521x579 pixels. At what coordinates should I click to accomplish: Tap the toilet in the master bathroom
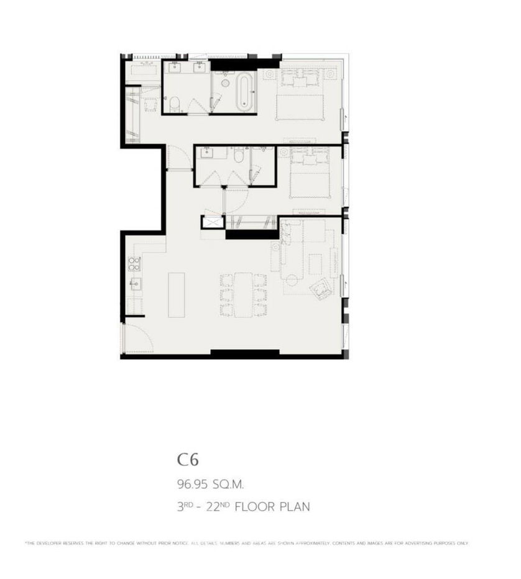(176, 104)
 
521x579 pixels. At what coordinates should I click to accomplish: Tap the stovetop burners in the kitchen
(133, 263)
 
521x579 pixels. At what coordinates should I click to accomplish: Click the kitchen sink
(134, 285)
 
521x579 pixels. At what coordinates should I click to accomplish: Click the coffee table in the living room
(315, 266)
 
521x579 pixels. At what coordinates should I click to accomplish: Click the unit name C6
(187, 460)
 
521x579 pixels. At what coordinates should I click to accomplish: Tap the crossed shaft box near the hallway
(211, 222)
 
